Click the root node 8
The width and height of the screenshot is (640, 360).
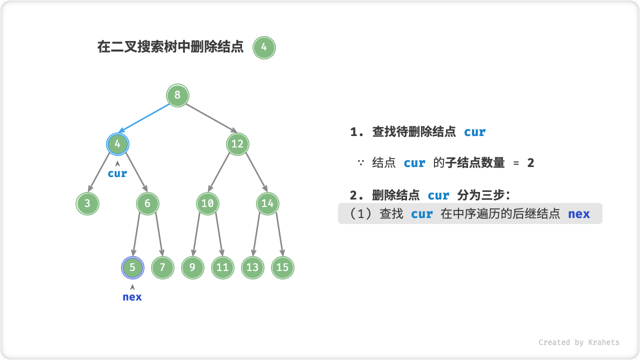click(x=177, y=95)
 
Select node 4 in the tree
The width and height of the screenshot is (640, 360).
click(x=117, y=144)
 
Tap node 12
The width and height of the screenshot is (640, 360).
click(x=237, y=144)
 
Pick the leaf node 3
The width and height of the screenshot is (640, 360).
click(x=87, y=203)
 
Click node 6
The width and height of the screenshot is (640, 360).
click(x=147, y=203)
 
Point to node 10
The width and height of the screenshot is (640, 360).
click(x=207, y=203)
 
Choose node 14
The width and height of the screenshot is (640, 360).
click(x=267, y=203)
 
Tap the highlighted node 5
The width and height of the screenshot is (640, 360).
click(x=132, y=267)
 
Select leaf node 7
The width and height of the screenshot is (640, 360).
click(x=162, y=267)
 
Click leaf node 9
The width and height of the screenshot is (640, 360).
click(x=192, y=267)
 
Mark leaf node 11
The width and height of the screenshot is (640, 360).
click(x=222, y=267)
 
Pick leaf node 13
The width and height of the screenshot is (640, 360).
click(x=252, y=267)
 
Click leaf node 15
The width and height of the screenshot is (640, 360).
click(x=282, y=267)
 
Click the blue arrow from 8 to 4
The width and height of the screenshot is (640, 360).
click(x=147, y=119)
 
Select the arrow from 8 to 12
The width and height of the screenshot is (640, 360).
click(x=207, y=119)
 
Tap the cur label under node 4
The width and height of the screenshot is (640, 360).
click(x=117, y=173)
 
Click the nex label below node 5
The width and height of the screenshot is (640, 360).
click(x=132, y=297)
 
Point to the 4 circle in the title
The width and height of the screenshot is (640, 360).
click(x=264, y=48)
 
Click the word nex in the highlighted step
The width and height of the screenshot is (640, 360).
click(x=579, y=214)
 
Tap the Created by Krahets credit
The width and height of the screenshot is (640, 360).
click(x=579, y=342)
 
